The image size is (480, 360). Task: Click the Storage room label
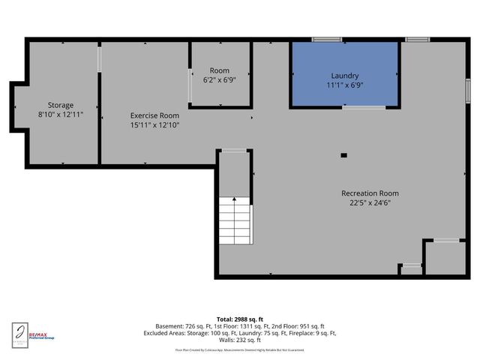tap(61, 105)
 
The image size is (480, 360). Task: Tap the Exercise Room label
tap(154, 115)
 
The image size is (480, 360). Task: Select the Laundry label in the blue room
tap(345, 76)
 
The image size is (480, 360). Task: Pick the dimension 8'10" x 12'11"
tap(61, 114)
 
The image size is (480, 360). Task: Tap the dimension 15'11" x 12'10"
tap(154, 124)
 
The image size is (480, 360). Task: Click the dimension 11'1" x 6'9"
tap(345, 85)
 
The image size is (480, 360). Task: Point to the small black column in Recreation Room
tap(343, 155)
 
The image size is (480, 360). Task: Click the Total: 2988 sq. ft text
tap(240, 319)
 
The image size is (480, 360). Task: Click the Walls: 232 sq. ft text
tap(240, 340)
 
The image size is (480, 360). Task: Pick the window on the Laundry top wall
tap(327, 39)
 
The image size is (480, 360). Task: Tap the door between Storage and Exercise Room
tap(99, 59)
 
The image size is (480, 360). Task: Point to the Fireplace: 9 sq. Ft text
tap(309, 333)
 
